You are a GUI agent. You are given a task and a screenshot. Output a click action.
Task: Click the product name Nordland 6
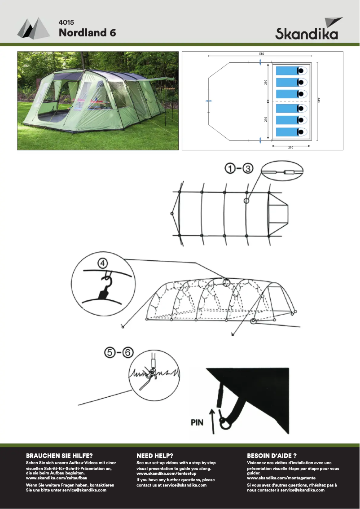tap(87, 33)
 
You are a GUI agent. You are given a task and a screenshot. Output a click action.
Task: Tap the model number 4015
tap(66, 22)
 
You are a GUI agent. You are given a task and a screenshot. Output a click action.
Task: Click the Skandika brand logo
tap(307, 30)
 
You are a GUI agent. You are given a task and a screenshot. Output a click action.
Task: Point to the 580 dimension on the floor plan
tap(262, 54)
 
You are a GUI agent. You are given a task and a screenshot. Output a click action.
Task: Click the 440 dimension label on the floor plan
tap(318, 101)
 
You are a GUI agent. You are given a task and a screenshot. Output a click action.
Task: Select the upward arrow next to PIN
tap(213, 419)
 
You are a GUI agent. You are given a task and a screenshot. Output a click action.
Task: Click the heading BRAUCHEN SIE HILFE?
tap(59, 455)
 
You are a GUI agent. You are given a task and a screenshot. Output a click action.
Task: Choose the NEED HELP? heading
tap(155, 455)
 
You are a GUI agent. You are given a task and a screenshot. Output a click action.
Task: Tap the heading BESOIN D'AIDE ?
tap(272, 455)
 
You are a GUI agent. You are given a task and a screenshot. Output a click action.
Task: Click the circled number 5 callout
tap(106, 353)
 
